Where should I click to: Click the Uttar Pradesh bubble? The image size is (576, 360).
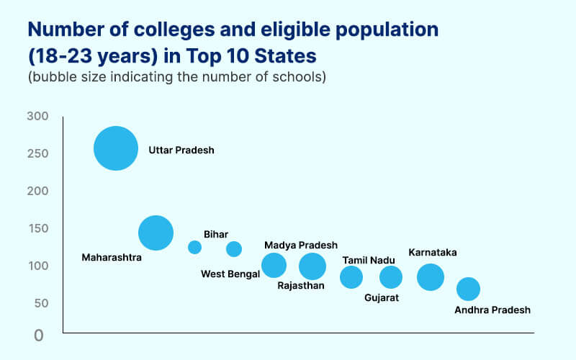115,148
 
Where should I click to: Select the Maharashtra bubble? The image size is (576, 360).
156,233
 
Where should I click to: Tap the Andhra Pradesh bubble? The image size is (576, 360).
468,289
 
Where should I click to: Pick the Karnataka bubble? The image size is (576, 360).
431,276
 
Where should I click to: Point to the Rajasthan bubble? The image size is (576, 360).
312,266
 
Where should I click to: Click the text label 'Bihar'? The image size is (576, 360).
216,234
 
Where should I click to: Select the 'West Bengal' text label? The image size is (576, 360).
230,274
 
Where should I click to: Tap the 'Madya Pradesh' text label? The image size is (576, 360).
300,246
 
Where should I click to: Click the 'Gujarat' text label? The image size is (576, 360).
382,297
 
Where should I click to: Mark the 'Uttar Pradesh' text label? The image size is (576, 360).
181,150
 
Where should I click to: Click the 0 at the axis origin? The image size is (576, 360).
38,335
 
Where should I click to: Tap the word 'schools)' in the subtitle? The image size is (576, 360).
304,77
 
